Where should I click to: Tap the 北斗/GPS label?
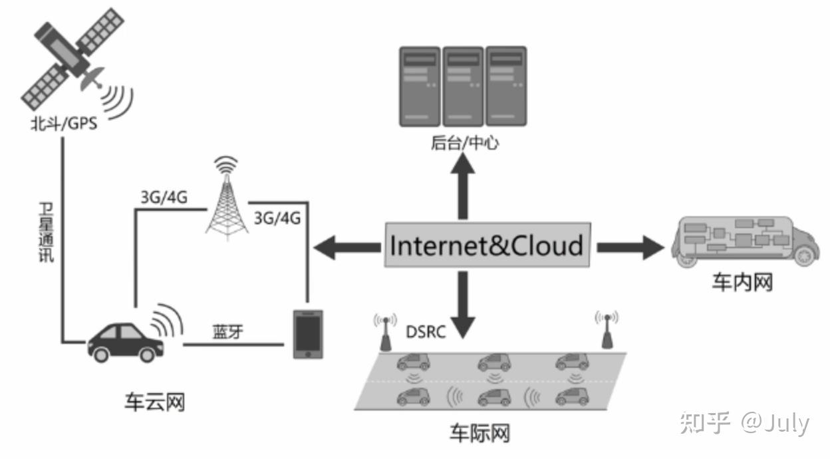pyautogui.click(x=63, y=124)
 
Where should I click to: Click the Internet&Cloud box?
pyautogui.click(x=487, y=245)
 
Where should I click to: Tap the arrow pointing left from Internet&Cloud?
pyautogui.click(x=346, y=247)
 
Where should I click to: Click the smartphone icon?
pyautogui.click(x=307, y=335)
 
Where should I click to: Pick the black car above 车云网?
pyautogui.click(x=125, y=341)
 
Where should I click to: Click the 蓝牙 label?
pyautogui.click(x=227, y=331)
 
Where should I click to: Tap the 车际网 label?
pyautogui.click(x=480, y=434)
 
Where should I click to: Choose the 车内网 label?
pyautogui.click(x=742, y=283)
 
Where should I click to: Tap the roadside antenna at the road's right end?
pyautogui.click(x=607, y=329)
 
